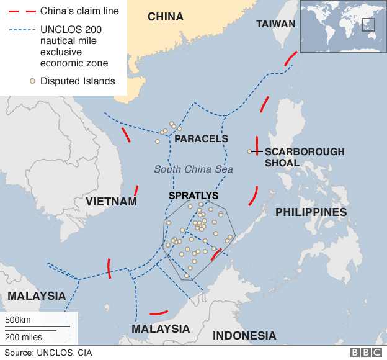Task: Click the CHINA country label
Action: (x=166, y=17)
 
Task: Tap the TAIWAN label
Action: (x=276, y=24)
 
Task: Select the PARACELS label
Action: (x=202, y=139)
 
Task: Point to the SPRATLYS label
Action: (x=193, y=196)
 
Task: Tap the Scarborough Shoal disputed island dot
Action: (x=249, y=151)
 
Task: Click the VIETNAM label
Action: (x=111, y=202)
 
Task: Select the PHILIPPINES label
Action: (x=311, y=212)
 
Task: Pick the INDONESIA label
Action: (x=244, y=336)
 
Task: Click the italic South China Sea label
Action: (x=193, y=169)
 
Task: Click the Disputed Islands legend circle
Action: (x=32, y=81)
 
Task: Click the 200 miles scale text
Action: (x=24, y=337)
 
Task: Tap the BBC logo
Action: (x=366, y=353)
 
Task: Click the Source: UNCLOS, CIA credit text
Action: (x=48, y=353)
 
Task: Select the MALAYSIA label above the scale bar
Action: (x=37, y=295)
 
